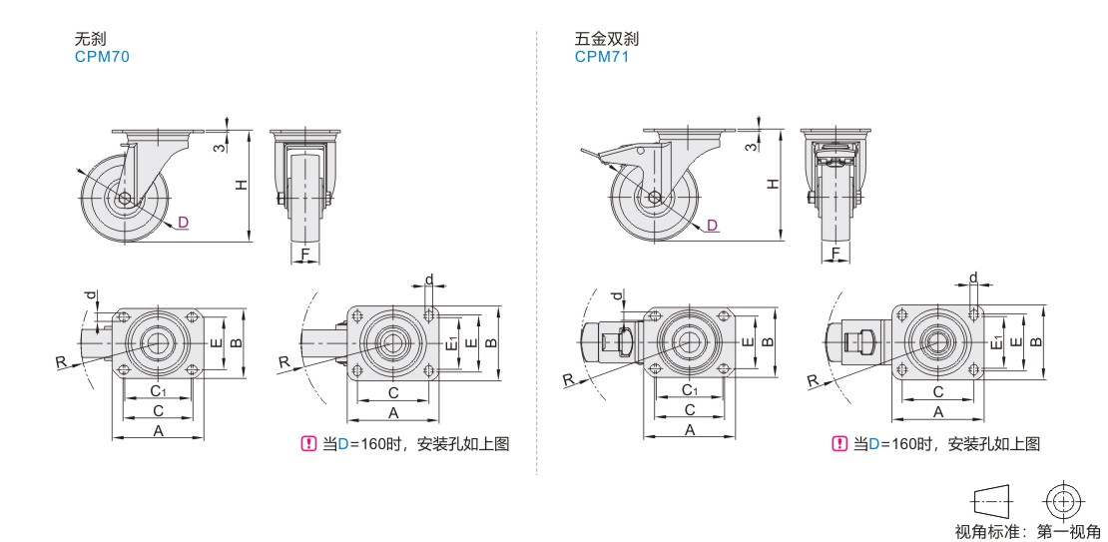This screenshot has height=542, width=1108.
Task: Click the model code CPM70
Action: pos(102,57)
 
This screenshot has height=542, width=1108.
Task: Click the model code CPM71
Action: pos(602,57)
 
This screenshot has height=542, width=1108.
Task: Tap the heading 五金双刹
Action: pos(606,40)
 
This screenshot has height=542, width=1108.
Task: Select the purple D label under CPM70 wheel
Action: pos(183,222)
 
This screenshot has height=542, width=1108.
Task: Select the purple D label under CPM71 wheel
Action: pos(712,225)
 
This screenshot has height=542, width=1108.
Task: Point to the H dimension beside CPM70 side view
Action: pos(240,185)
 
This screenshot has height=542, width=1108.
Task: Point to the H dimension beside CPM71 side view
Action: pos(770,185)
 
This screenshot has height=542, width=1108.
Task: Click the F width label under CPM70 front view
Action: pos(304,254)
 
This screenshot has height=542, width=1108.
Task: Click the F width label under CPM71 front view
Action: pos(834,254)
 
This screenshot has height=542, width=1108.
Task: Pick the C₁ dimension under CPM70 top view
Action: pos(158,389)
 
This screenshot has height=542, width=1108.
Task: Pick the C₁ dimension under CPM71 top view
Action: pos(689,389)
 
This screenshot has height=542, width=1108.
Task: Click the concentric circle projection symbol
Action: pos(1063,499)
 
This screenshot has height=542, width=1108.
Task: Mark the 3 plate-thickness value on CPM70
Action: pos(218,148)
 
